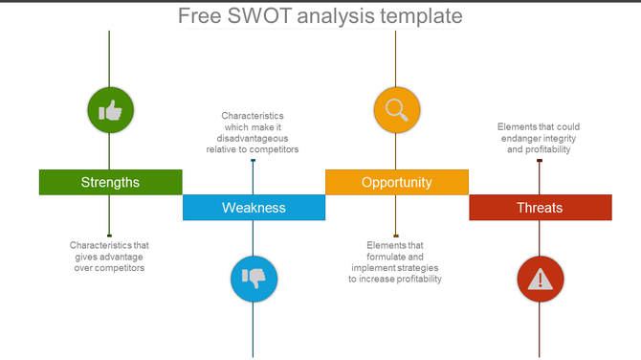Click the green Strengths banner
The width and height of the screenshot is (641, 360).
(x=110, y=182)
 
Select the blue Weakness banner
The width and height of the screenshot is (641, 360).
(x=254, y=208)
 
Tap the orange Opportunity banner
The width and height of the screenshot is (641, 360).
(x=396, y=182)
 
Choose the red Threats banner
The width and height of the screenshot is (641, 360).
(x=540, y=208)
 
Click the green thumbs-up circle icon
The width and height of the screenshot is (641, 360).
(x=110, y=112)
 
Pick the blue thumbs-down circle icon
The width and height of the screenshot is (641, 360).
(x=254, y=279)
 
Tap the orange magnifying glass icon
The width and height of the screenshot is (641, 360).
(x=396, y=110)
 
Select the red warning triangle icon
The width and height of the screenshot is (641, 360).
(x=540, y=279)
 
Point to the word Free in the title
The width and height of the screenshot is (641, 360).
(x=199, y=16)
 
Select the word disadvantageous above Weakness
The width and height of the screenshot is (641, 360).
(x=253, y=138)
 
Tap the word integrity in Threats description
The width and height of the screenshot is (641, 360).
(x=557, y=138)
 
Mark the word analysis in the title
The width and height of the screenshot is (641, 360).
(x=333, y=16)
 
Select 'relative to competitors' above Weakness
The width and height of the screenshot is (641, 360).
(x=253, y=149)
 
